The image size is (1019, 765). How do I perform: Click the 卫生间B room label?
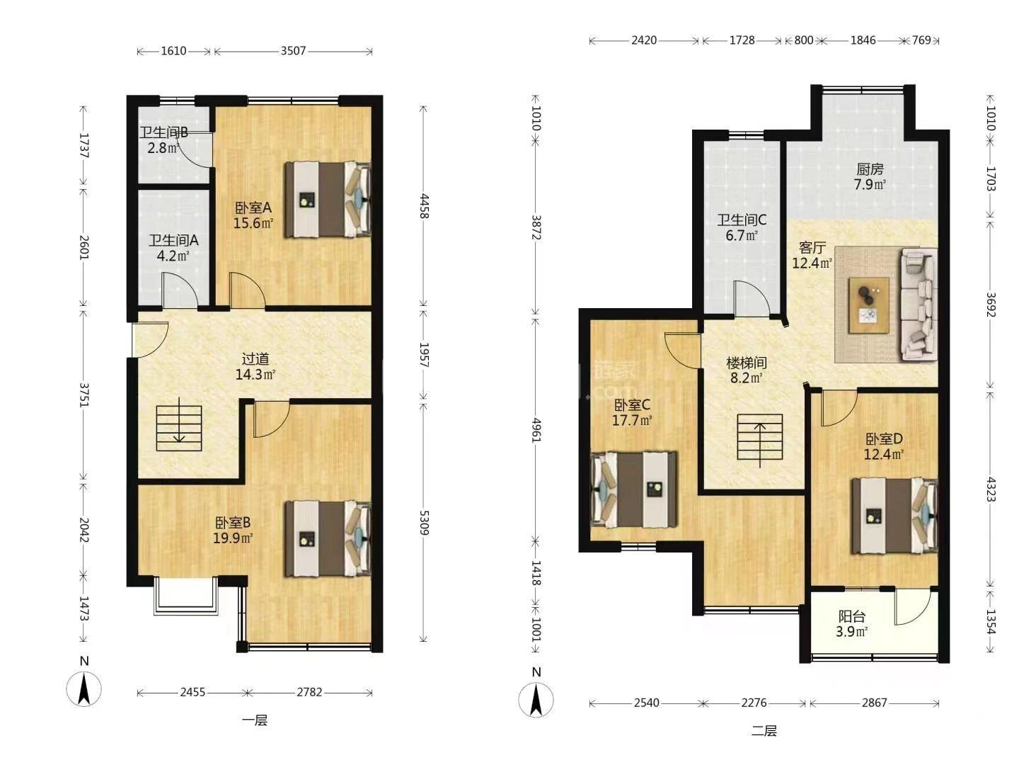tap(164, 133)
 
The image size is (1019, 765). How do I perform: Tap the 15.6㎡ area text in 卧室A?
tap(253, 223)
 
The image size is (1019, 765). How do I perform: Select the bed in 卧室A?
tap(328, 199)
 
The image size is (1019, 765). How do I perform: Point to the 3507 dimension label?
tap(294, 50)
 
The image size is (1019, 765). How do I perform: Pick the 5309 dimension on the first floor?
tap(424, 523)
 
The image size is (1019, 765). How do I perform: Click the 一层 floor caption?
tap(255, 720)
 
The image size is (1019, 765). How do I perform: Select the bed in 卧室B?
tap(328, 538)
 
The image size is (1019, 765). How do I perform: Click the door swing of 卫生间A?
tap(180, 290)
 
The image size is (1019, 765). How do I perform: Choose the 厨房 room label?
tap(870, 169)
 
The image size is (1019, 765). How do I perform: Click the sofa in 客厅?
tap(919, 305)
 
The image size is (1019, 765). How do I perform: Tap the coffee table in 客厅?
tap(869, 305)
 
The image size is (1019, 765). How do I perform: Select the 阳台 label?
tap(852, 616)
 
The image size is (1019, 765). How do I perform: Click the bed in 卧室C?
tap(633, 489)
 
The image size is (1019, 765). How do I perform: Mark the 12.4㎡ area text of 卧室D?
tap(883, 454)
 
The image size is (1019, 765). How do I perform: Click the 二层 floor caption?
tap(764, 731)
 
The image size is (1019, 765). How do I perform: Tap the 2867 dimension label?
tap(875, 703)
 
